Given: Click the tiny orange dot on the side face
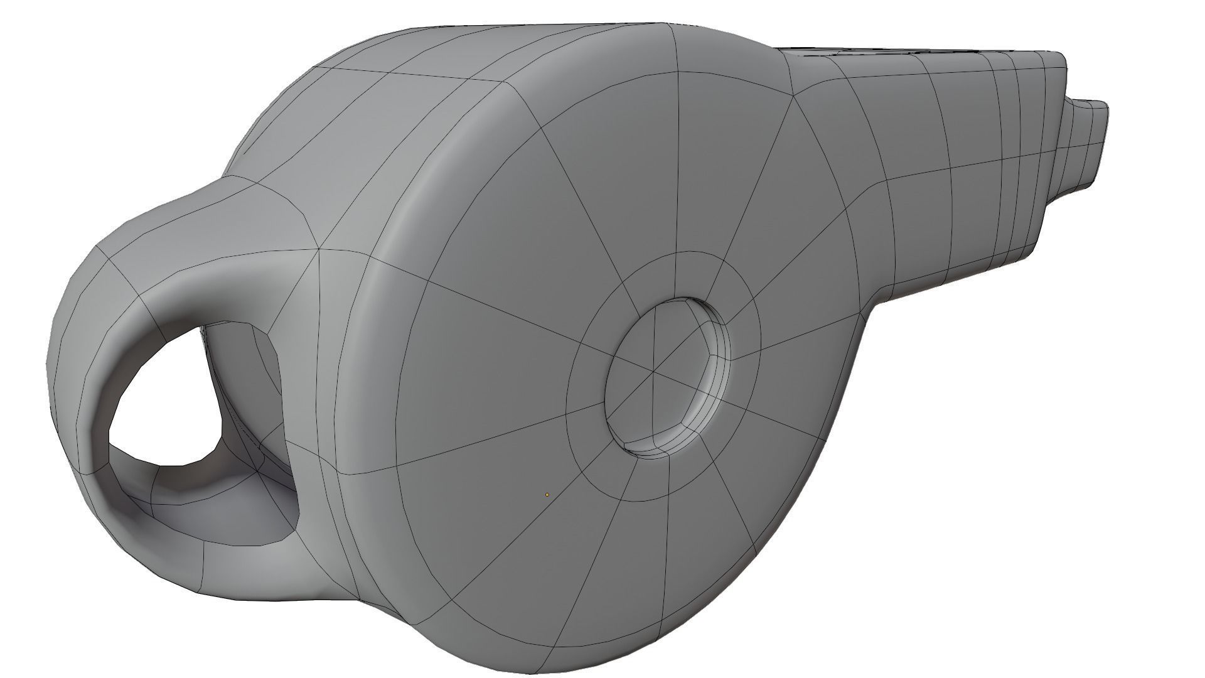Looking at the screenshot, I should click(x=547, y=495).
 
